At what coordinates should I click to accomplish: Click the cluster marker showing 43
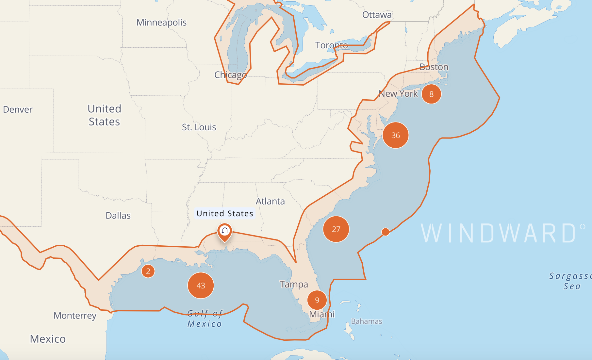point(201,286)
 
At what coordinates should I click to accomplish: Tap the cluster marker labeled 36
point(395,135)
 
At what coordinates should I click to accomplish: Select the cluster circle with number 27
point(336,229)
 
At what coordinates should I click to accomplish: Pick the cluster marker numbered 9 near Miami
point(317,300)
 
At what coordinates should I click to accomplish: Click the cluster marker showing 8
point(431,94)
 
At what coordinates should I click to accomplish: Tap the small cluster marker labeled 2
point(148,271)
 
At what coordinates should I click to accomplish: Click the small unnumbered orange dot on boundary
point(386,232)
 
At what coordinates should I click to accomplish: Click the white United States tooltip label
point(225,213)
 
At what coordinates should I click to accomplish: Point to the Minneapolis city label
point(161,23)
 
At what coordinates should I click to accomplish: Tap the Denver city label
point(18,109)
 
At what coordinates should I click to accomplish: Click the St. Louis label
point(199,127)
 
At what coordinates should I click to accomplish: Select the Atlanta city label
point(270,201)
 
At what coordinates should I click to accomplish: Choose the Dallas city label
point(118,216)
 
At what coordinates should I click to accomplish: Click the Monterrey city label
point(75,316)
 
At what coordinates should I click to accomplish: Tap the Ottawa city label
point(377,15)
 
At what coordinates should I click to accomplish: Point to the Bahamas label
point(367,321)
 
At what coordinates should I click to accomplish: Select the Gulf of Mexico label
point(205,319)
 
